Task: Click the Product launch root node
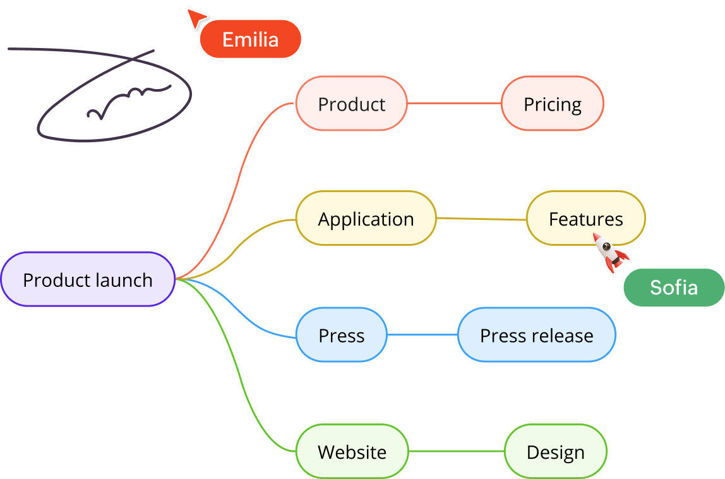[x=87, y=279]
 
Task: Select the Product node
[x=351, y=104]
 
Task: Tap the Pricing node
[x=552, y=104]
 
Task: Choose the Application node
[x=366, y=219]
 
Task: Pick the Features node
[x=585, y=219]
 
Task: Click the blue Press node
[x=341, y=335]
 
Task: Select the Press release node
[x=536, y=335]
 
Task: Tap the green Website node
[x=352, y=452]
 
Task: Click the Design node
[x=555, y=452]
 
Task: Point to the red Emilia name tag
[x=250, y=39]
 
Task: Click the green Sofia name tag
[x=673, y=288]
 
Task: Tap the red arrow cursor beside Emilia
[x=196, y=18]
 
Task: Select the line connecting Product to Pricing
[x=454, y=103]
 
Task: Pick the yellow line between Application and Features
[x=481, y=219]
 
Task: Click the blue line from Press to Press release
[x=422, y=334]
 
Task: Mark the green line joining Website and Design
[x=456, y=451]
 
